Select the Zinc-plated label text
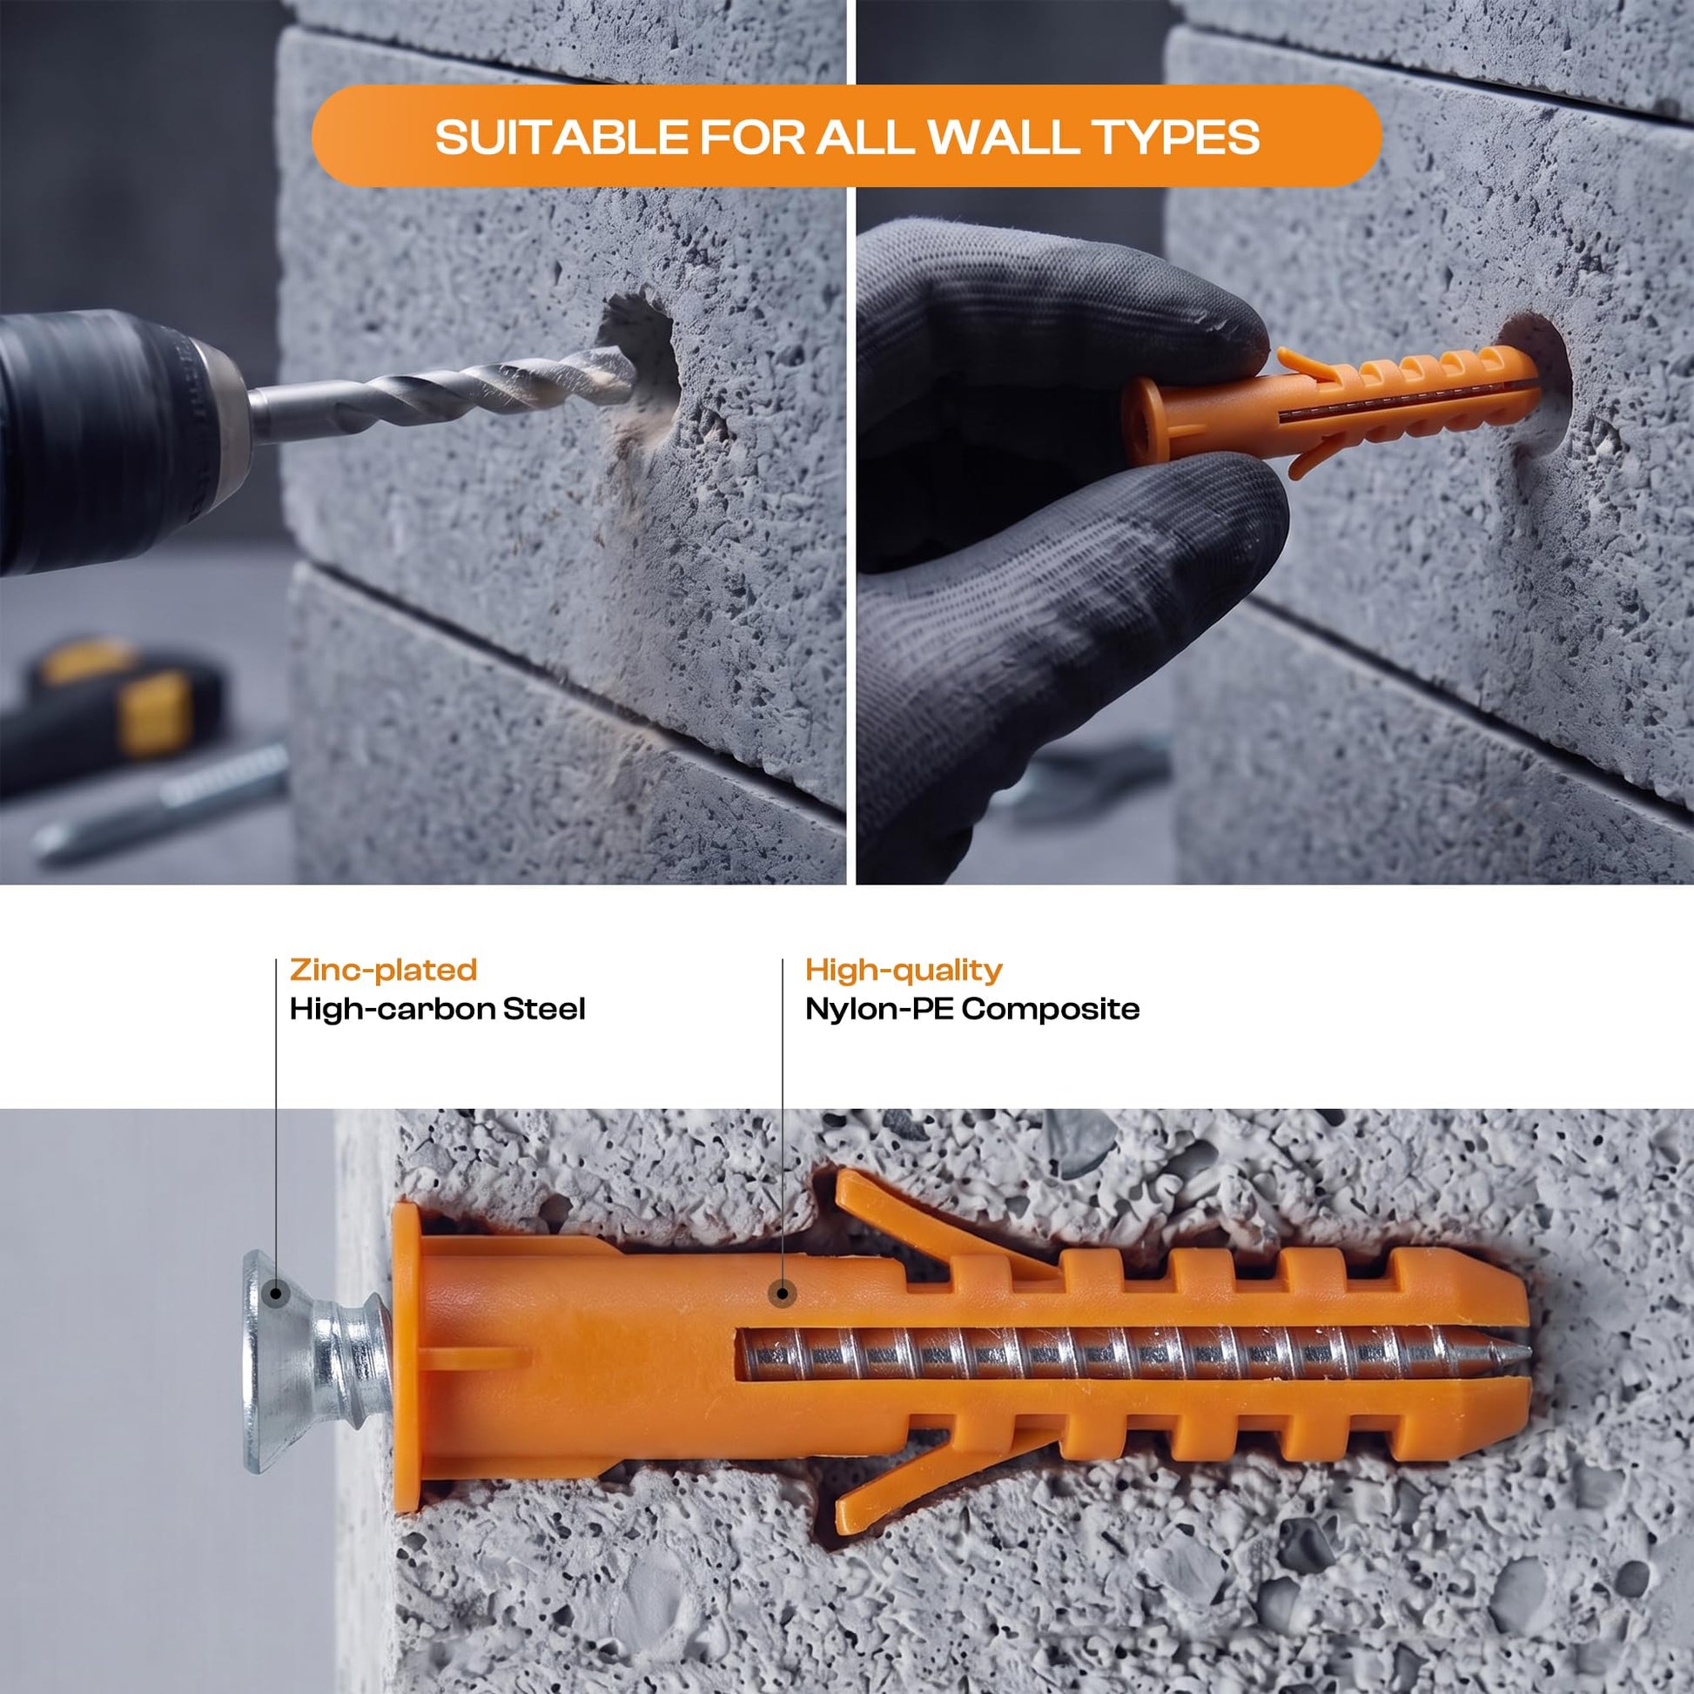pos(383,970)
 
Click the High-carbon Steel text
pos(438,1009)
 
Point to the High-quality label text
pos(903,970)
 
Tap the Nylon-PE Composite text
pos(972,1009)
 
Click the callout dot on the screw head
pos(276,1316)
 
